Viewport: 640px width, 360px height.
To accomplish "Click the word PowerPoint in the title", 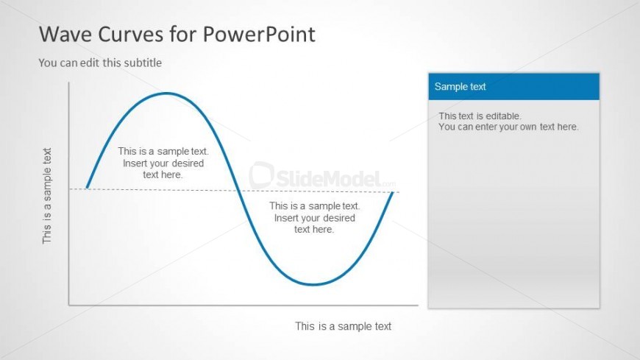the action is (x=259, y=34).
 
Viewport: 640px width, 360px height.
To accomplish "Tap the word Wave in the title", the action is (x=65, y=34).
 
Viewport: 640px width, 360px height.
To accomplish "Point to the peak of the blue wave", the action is (x=166, y=93).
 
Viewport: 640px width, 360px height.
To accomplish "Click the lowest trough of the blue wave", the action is (x=313, y=284).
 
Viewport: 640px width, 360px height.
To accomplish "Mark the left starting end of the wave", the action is (x=87, y=188).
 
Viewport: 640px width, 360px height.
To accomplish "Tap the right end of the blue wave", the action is (x=393, y=192).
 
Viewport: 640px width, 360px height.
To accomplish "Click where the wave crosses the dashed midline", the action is (x=240, y=191).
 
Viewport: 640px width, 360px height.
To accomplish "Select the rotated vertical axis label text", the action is (x=47, y=196).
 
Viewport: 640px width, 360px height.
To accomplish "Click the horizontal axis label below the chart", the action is (x=344, y=326).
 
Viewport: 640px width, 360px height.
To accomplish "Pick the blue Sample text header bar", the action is (x=514, y=87).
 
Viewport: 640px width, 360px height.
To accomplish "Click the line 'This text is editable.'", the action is (x=480, y=116).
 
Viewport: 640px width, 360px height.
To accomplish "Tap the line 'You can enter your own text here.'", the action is (x=508, y=127).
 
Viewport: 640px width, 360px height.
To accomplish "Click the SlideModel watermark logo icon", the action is (x=261, y=175).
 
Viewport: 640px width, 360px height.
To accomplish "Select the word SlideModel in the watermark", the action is (x=329, y=179).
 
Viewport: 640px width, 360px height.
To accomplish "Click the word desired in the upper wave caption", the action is (x=188, y=163).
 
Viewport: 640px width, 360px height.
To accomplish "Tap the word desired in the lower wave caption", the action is (x=340, y=218).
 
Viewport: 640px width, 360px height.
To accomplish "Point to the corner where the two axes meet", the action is (x=69, y=305).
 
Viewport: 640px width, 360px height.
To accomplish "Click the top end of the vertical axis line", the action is (x=69, y=82).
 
